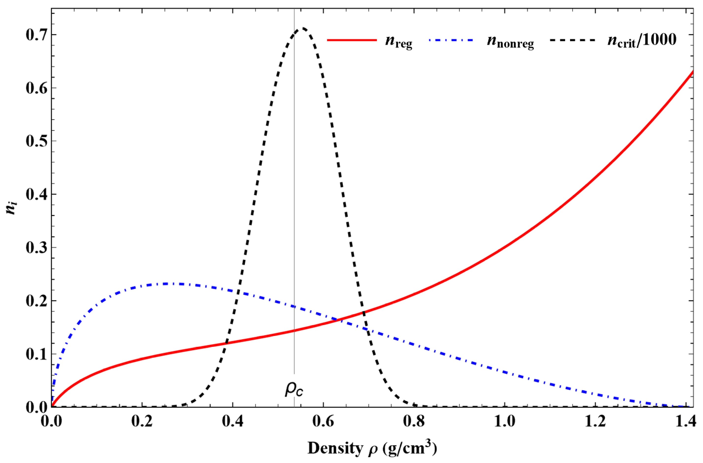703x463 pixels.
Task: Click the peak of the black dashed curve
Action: (303, 28)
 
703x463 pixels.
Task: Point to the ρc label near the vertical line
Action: (294, 389)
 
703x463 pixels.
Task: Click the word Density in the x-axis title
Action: (334, 448)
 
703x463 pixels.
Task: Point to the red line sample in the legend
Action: (351, 40)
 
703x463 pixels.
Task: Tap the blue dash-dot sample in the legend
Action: (452, 40)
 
